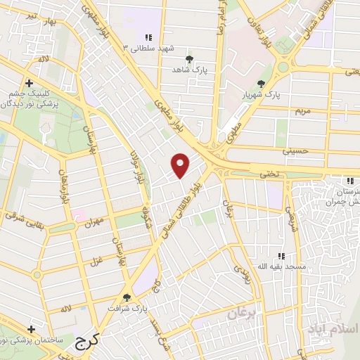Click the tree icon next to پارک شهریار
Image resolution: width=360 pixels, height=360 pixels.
tap(261, 84)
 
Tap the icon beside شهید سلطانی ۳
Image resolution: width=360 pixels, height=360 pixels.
tap(148, 37)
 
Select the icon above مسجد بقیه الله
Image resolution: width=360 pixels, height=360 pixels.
tap(281, 256)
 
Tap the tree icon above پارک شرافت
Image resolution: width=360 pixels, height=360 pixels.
tap(127, 297)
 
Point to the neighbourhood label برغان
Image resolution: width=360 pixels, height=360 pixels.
tap(243, 313)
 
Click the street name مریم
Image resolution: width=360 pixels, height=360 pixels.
tap(302, 111)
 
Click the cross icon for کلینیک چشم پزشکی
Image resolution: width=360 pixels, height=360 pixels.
tap(29, 82)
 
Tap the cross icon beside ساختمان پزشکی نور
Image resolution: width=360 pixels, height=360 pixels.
tap(31, 328)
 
